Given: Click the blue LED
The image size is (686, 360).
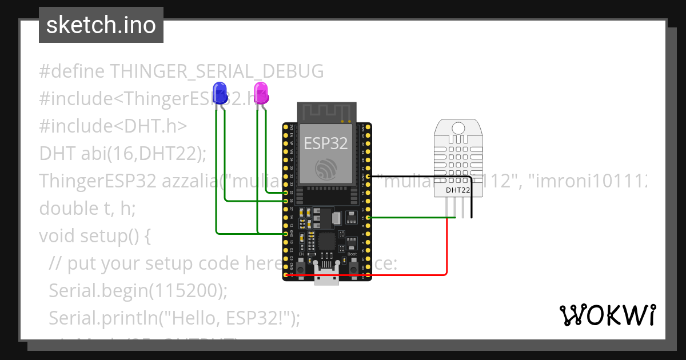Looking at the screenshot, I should pos(219,93).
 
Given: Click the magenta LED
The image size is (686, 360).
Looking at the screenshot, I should pos(261,92).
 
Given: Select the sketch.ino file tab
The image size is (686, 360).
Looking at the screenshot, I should pos(101,25).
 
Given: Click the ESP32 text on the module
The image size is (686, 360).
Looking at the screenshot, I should pos(325,143).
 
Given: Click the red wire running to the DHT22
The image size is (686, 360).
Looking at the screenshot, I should pos(446,251).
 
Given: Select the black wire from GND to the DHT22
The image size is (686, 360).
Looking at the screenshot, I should pos(423,177).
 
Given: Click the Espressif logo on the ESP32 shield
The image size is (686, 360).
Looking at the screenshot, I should pos(325,169).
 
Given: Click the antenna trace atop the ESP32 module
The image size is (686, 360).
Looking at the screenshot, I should pos(326,112).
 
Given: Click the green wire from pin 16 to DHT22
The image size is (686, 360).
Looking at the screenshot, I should pos(412,217).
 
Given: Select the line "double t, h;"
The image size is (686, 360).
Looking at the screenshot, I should pos(87,209).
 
